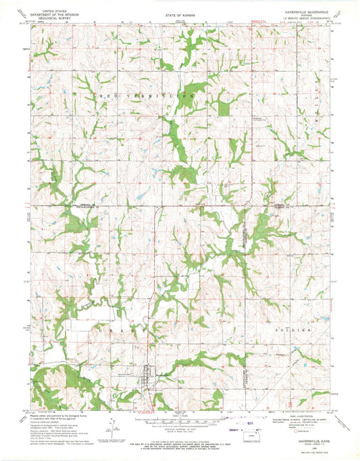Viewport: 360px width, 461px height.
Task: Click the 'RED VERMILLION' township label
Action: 147,97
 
